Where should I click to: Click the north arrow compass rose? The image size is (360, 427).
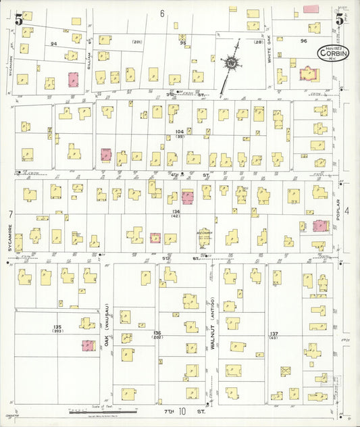click(232, 64)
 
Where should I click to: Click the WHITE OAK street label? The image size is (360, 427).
click(268, 51)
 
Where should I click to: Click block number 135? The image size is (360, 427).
click(57, 327)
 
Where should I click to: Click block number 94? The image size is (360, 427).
click(53, 43)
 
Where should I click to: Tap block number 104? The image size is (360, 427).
click(179, 131)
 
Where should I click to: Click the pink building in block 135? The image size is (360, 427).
click(88, 345)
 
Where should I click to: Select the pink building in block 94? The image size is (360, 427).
click(74, 79)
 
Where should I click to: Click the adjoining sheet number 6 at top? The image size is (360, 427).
click(162, 13)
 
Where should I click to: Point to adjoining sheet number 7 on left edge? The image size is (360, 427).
click(10, 214)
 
